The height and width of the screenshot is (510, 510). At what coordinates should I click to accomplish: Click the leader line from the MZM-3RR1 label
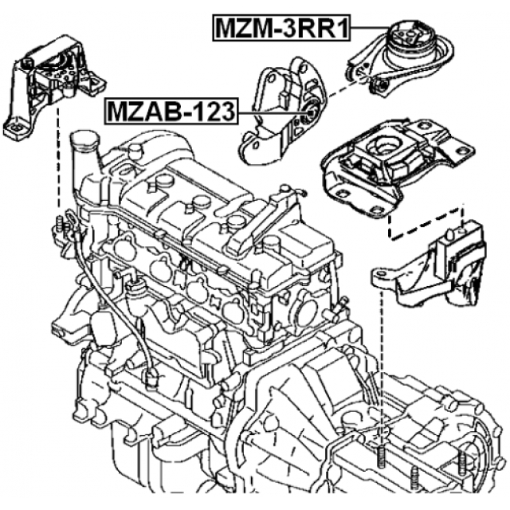pyautogui.click(x=371, y=29)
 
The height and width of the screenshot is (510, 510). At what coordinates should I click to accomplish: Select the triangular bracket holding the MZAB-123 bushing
pyautogui.click(x=275, y=112)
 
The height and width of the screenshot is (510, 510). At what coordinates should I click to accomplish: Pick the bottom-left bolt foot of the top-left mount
pyautogui.click(x=16, y=127)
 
